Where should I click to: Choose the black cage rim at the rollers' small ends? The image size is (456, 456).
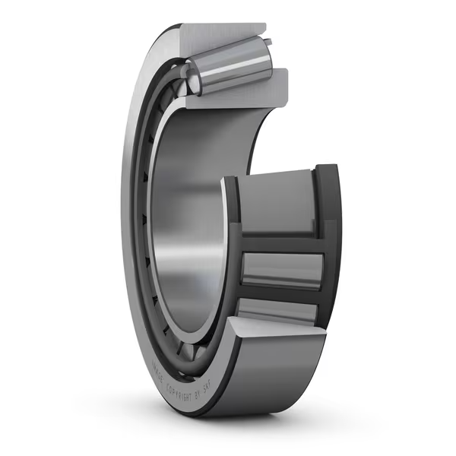(x=232, y=243)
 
